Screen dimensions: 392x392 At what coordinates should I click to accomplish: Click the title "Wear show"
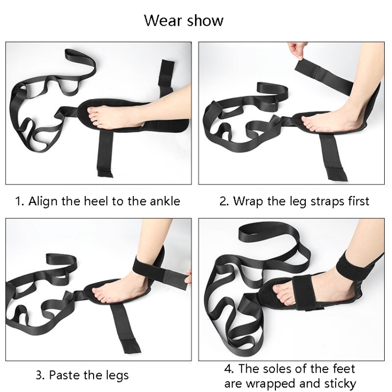click(183, 20)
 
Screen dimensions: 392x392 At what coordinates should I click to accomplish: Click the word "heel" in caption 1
click(96, 201)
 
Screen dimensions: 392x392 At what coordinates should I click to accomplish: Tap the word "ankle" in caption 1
click(165, 201)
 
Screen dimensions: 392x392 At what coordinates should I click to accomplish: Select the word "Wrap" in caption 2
click(248, 201)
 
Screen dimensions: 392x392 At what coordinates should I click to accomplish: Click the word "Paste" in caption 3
click(64, 375)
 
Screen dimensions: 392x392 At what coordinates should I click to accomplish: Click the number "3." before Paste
click(41, 375)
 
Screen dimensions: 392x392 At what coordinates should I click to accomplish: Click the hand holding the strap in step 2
click(297, 50)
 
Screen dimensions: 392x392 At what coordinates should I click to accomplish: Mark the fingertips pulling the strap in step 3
click(189, 276)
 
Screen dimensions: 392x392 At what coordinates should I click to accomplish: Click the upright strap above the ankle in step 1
click(166, 75)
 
